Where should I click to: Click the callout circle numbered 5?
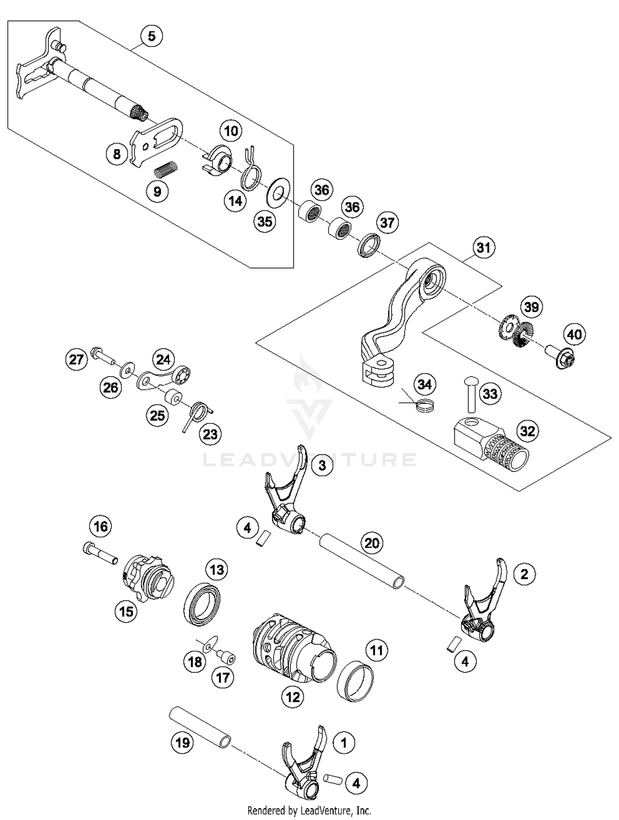pyautogui.click(x=151, y=36)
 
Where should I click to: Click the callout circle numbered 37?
pyautogui.click(x=387, y=223)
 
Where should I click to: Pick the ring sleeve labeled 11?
pyautogui.click(x=355, y=681)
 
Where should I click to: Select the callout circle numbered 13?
pyautogui.click(x=217, y=570)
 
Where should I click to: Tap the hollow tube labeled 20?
pyautogui.click(x=361, y=560)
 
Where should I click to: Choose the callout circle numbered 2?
pyautogui.click(x=524, y=574)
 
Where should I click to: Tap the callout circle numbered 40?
pyautogui.click(x=574, y=334)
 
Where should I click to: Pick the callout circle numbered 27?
pyautogui.click(x=76, y=359)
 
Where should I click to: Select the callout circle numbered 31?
pyautogui.click(x=483, y=248)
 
